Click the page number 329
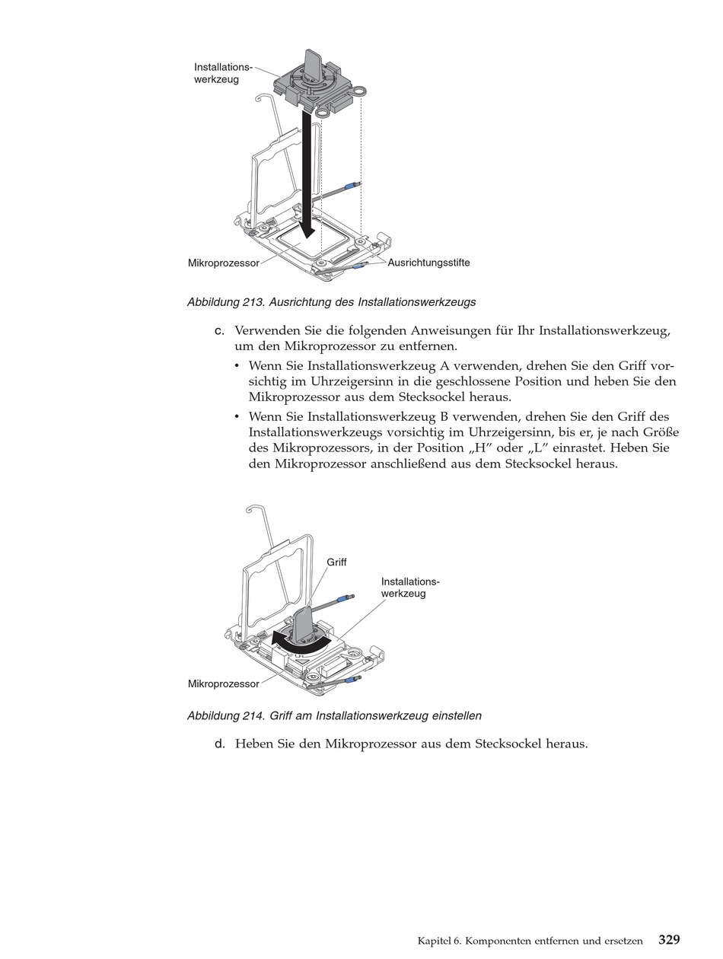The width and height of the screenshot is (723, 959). pos(669,939)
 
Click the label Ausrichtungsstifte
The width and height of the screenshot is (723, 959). pos(428,263)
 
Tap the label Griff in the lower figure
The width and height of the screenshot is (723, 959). pos(336,562)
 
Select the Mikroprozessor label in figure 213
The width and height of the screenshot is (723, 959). pos(223,263)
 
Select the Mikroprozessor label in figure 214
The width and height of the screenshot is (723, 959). pos(223,683)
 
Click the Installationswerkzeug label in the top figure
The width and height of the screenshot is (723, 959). pos(222,73)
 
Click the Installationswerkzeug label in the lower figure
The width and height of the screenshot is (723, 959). pos(410,588)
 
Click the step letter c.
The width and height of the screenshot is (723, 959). pos(219,331)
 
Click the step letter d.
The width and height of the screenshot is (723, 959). pos(219,744)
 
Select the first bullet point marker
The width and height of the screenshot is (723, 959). pos(238,365)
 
